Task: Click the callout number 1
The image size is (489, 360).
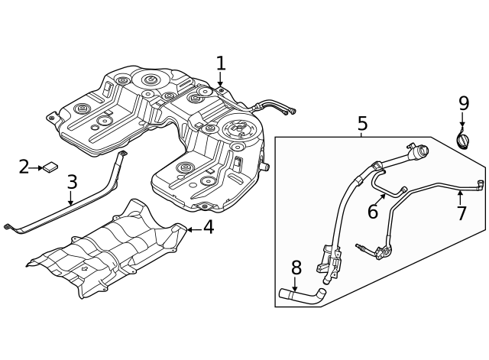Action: pos(221,63)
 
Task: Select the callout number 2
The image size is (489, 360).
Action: pos(24,167)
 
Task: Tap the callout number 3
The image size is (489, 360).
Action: pos(72,183)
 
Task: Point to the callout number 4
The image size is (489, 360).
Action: pos(208,227)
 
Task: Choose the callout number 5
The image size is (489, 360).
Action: pos(362,123)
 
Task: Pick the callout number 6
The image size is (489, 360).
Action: pos(372,212)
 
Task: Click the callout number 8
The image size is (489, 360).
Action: pos(296,268)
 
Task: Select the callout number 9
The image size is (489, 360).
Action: pos(463,102)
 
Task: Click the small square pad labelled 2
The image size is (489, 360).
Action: pos(51,167)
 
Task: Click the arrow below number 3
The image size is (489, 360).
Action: pos(71,199)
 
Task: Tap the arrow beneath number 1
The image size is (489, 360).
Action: pos(221,83)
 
